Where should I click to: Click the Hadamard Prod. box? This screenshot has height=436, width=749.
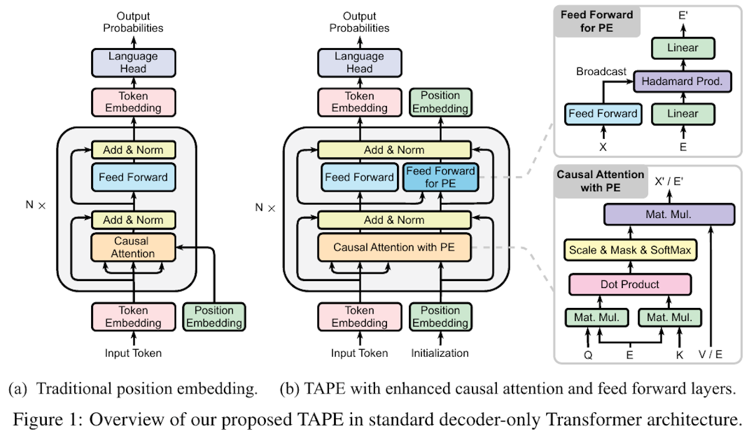point(682,81)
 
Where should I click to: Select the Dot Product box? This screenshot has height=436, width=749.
point(630,284)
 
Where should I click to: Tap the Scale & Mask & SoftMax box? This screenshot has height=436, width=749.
point(630,250)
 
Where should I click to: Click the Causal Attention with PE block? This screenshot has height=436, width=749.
point(394,247)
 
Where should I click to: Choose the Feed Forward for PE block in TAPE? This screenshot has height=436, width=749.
point(441,177)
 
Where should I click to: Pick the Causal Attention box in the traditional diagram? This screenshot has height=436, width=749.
point(133,247)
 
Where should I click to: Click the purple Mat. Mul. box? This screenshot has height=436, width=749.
point(669,214)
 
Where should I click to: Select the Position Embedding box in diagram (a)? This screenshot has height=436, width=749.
point(214,317)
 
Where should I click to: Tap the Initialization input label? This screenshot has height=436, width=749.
point(439,353)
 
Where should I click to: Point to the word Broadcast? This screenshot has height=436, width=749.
point(601,71)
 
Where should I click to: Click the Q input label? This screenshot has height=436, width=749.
point(588,355)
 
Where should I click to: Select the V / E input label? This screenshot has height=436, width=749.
point(710,354)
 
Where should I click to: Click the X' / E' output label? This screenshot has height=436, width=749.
point(668,181)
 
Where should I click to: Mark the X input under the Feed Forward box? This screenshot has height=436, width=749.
point(603,147)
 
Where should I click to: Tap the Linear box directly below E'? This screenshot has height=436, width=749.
point(683,48)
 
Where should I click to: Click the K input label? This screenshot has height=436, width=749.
point(680,355)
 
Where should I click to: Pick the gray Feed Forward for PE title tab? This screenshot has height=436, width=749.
point(597,21)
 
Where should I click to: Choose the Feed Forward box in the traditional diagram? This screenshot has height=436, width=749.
point(133,177)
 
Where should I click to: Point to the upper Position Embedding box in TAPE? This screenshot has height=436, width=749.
point(441,102)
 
